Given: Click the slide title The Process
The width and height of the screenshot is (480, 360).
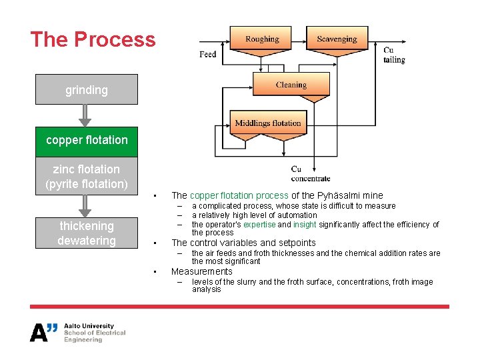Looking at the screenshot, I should click(93, 39).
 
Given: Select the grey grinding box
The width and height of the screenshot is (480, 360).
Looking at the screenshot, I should click(87, 89).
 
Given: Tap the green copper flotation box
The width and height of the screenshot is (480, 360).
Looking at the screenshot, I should click(87, 140).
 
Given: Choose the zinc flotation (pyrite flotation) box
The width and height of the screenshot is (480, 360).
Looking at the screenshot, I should click(87, 177).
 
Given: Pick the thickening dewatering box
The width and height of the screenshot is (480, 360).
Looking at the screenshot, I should click(87, 233).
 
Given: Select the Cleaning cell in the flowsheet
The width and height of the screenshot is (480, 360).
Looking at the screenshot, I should click(291, 85).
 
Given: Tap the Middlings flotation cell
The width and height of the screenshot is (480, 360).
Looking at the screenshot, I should click(268, 123).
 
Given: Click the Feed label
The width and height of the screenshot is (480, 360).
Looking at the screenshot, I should click(208, 54).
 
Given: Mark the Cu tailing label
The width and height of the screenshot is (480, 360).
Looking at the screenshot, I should click(393, 55).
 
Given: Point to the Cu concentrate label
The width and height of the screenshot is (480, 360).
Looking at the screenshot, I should click(310, 173).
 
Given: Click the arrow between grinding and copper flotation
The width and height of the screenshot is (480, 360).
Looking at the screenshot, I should click(85, 116).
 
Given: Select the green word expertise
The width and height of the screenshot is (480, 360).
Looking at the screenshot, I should click(259, 225).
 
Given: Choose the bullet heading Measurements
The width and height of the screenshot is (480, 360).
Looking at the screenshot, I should click(201, 271).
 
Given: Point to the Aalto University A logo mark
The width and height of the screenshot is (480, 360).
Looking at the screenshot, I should click(43, 331).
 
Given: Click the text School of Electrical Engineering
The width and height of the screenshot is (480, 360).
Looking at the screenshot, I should click(94, 336).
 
